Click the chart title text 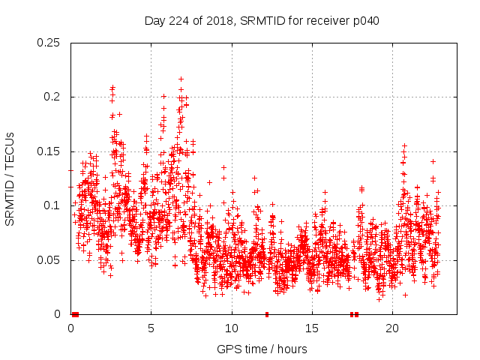[x=262, y=21]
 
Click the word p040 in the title [x=365, y=21]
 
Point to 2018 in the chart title [x=220, y=21]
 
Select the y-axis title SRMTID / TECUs [x=10, y=178]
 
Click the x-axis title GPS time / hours [x=262, y=349]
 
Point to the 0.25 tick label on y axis [x=49, y=43]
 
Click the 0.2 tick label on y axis [x=52, y=97]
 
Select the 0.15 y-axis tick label [x=49, y=151]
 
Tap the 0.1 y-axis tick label [x=52, y=205]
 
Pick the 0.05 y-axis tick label [x=49, y=260]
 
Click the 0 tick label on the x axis [x=70, y=328]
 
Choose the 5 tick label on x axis [x=151, y=328]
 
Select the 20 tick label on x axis [x=392, y=328]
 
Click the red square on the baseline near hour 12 [x=266, y=314]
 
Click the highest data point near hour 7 [x=181, y=79]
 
